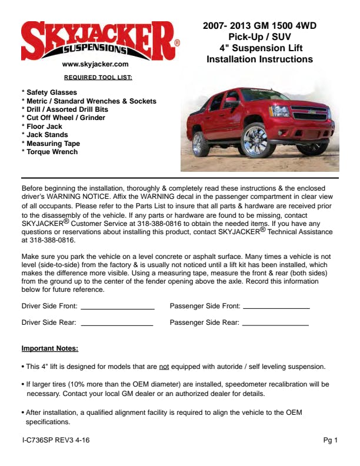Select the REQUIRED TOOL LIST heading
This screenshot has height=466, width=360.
coord(98,77)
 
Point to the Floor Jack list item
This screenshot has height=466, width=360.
coord(44,127)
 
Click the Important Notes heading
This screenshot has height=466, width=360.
coord(50,348)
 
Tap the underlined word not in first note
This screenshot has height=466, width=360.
coord(164,367)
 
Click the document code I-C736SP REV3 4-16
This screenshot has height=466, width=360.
coord(56,440)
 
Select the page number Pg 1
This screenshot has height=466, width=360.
coord(331,440)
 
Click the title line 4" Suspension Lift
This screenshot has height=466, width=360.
coord(259,48)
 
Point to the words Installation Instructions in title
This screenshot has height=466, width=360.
coord(259,59)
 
